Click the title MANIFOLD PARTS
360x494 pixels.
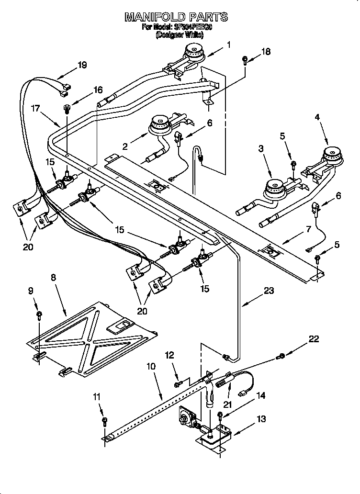176,17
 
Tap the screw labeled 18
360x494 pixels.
245,60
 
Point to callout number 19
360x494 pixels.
82,65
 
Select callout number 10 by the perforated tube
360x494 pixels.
151,367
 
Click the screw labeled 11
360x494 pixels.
105,421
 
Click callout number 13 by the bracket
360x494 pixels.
260,419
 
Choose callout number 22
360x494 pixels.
313,339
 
